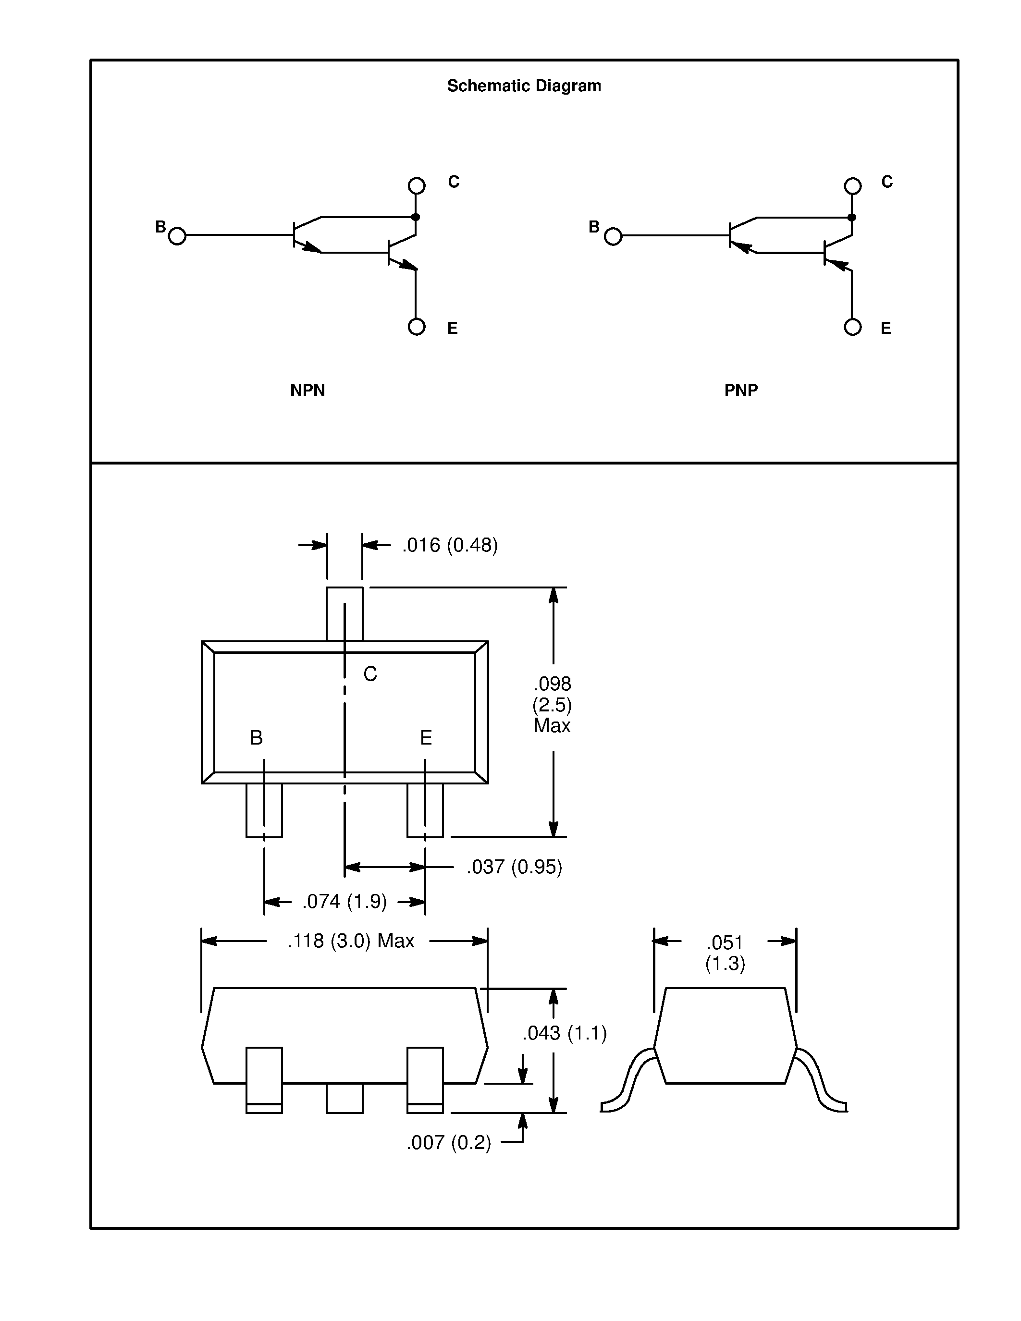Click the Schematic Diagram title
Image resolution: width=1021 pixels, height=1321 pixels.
(x=523, y=86)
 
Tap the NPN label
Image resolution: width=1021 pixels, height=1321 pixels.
(x=308, y=390)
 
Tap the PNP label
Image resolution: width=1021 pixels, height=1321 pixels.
(x=741, y=390)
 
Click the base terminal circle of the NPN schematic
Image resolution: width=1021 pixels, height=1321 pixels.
(x=177, y=236)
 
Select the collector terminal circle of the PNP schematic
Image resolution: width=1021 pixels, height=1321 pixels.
(x=852, y=186)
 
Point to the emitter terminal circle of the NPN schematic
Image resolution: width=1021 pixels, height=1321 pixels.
(x=416, y=327)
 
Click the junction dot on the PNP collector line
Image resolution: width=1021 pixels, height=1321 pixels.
(x=852, y=217)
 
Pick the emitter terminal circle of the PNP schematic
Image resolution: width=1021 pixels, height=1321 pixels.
(x=852, y=327)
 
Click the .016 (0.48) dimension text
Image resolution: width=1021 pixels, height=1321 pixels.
(x=450, y=545)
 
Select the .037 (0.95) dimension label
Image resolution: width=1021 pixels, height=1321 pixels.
(x=514, y=867)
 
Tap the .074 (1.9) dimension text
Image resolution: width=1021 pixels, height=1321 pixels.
(x=344, y=901)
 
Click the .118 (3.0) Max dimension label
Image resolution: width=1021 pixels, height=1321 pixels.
(x=351, y=941)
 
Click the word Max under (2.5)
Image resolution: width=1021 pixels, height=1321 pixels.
(x=552, y=725)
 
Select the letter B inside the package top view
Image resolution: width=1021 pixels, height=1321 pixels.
(x=257, y=738)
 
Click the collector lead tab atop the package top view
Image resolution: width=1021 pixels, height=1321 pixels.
(x=344, y=613)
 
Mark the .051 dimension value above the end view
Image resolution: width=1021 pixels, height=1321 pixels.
(x=724, y=942)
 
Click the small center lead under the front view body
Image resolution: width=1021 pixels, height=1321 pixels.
(x=344, y=1097)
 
